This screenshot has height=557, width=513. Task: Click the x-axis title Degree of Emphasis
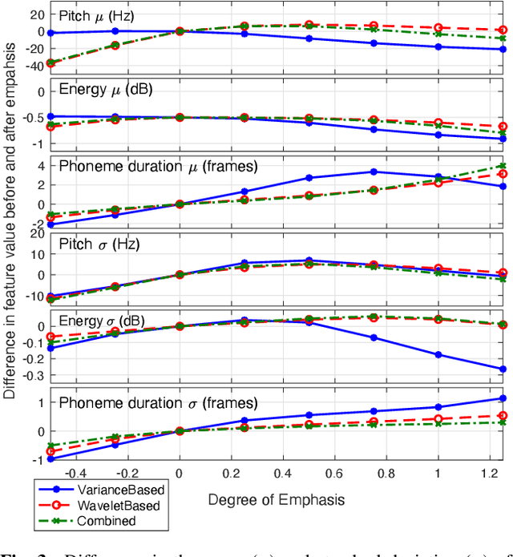(x=277, y=499)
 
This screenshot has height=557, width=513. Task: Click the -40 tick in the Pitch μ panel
(x=32, y=67)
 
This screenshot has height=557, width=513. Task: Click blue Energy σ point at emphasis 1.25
(x=503, y=369)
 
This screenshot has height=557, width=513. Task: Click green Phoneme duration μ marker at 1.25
(x=503, y=166)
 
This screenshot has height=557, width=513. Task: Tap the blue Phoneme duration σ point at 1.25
(x=503, y=398)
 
